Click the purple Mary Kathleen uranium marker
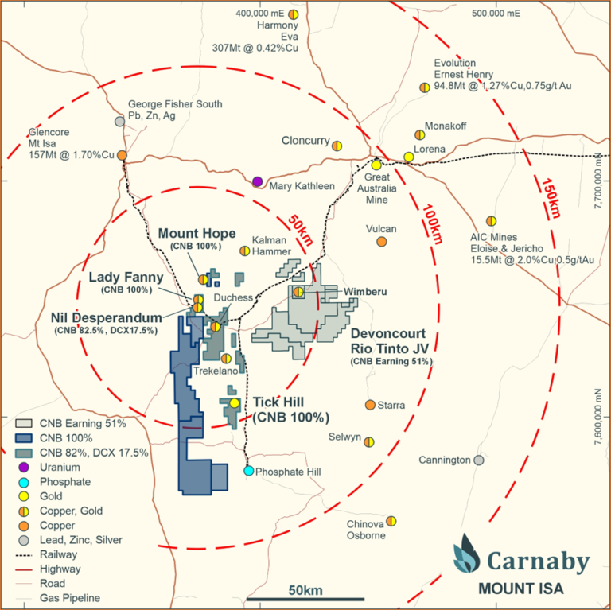coord(257,181)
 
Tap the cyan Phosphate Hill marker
coord(249,471)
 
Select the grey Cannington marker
coord(478,460)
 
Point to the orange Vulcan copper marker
coord(381,241)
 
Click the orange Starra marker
coord(370,405)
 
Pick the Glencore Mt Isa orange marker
coord(122,156)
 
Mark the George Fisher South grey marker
coord(119,121)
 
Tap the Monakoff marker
coord(419,135)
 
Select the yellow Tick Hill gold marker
coord(234,403)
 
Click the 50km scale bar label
coord(305,589)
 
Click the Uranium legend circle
coord(24,467)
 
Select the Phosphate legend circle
coord(24,481)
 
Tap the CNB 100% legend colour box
coord(24,437)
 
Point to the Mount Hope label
coord(197,233)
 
